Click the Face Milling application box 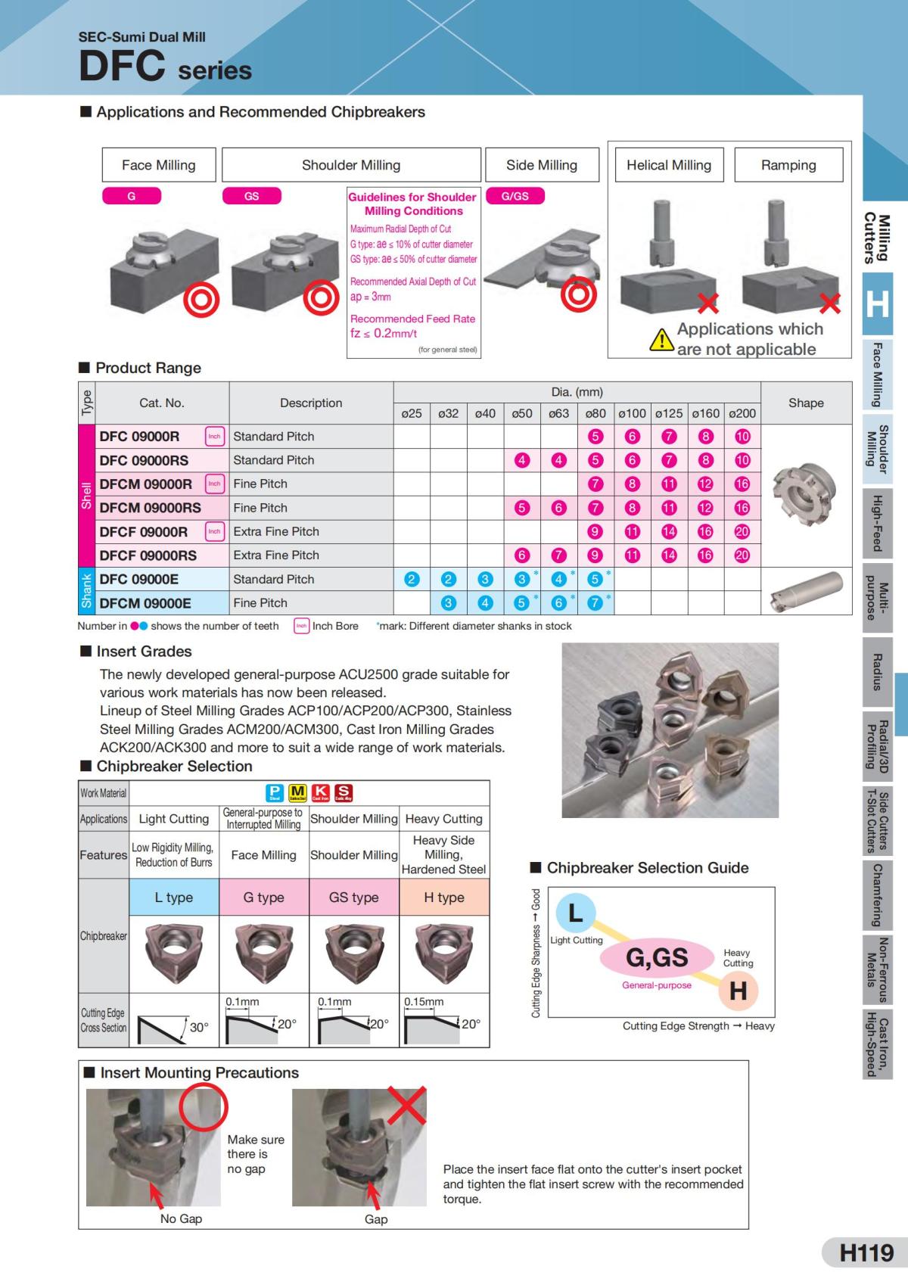pyautogui.click(x=159, y=165)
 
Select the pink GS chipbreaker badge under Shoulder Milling pyautogui.click(x=251, y=196)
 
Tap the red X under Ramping pyautogui.click(x=829, y=303)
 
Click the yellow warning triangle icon pyautogui.click(x=662, y=340)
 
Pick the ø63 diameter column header pyautogui.click(x=558, y=413)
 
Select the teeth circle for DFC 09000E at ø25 pyautogui.click(x=412, y=580)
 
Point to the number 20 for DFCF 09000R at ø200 pyautogui.click(x=742, y=532)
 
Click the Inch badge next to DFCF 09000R pyautogui.click(x=215, y=531)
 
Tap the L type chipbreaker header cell pyautogui.click(x=174, y=898)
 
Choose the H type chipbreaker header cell pyautogui.click(x=444, y=898)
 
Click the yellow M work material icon pyautogui.click(x=297, y=792)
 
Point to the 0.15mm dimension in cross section pyautogui.click(x=424, y=1001)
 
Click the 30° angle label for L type pyautogui.click(x=198, y=1028)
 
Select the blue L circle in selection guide pyautogui.click(x=576, y=913)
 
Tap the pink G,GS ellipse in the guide pyautogui.click(x=657, y=958)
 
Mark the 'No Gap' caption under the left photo pyautogui.click(x=181, y=1218)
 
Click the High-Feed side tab pyautogui.click(x=877, y=523)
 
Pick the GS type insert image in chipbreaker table pyautogui.click(x=353, y=954)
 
